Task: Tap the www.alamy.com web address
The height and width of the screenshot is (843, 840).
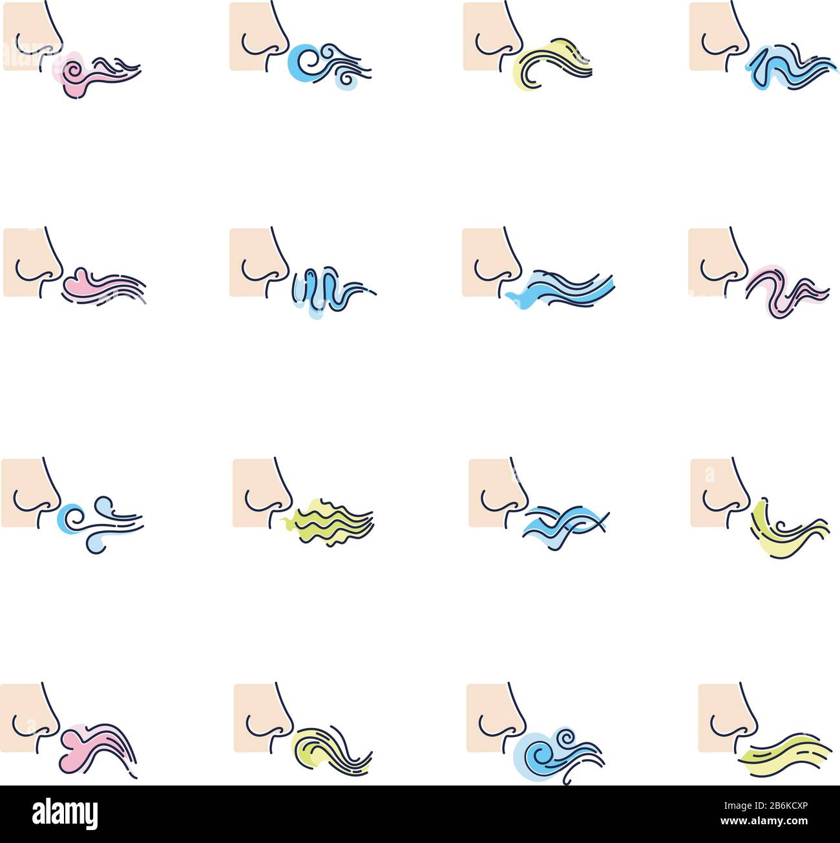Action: (x=764, y=820)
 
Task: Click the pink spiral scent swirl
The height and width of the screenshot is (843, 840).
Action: (x=96, y=75)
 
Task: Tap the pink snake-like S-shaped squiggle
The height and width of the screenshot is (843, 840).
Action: (x=787, y=291)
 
